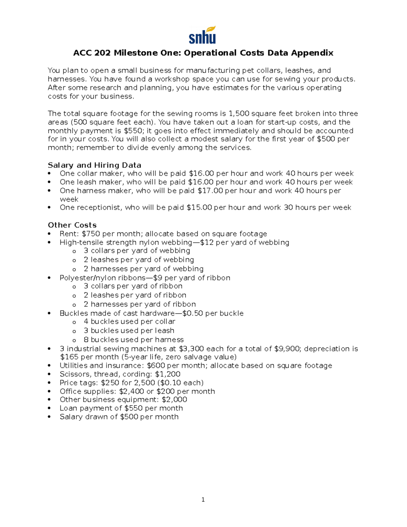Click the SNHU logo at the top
202,35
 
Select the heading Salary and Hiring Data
94,165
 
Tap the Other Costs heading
72,225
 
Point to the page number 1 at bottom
203,500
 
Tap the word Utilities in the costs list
74,365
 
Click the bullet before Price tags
50,383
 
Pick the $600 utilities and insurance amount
156,365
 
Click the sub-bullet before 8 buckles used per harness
74,340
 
